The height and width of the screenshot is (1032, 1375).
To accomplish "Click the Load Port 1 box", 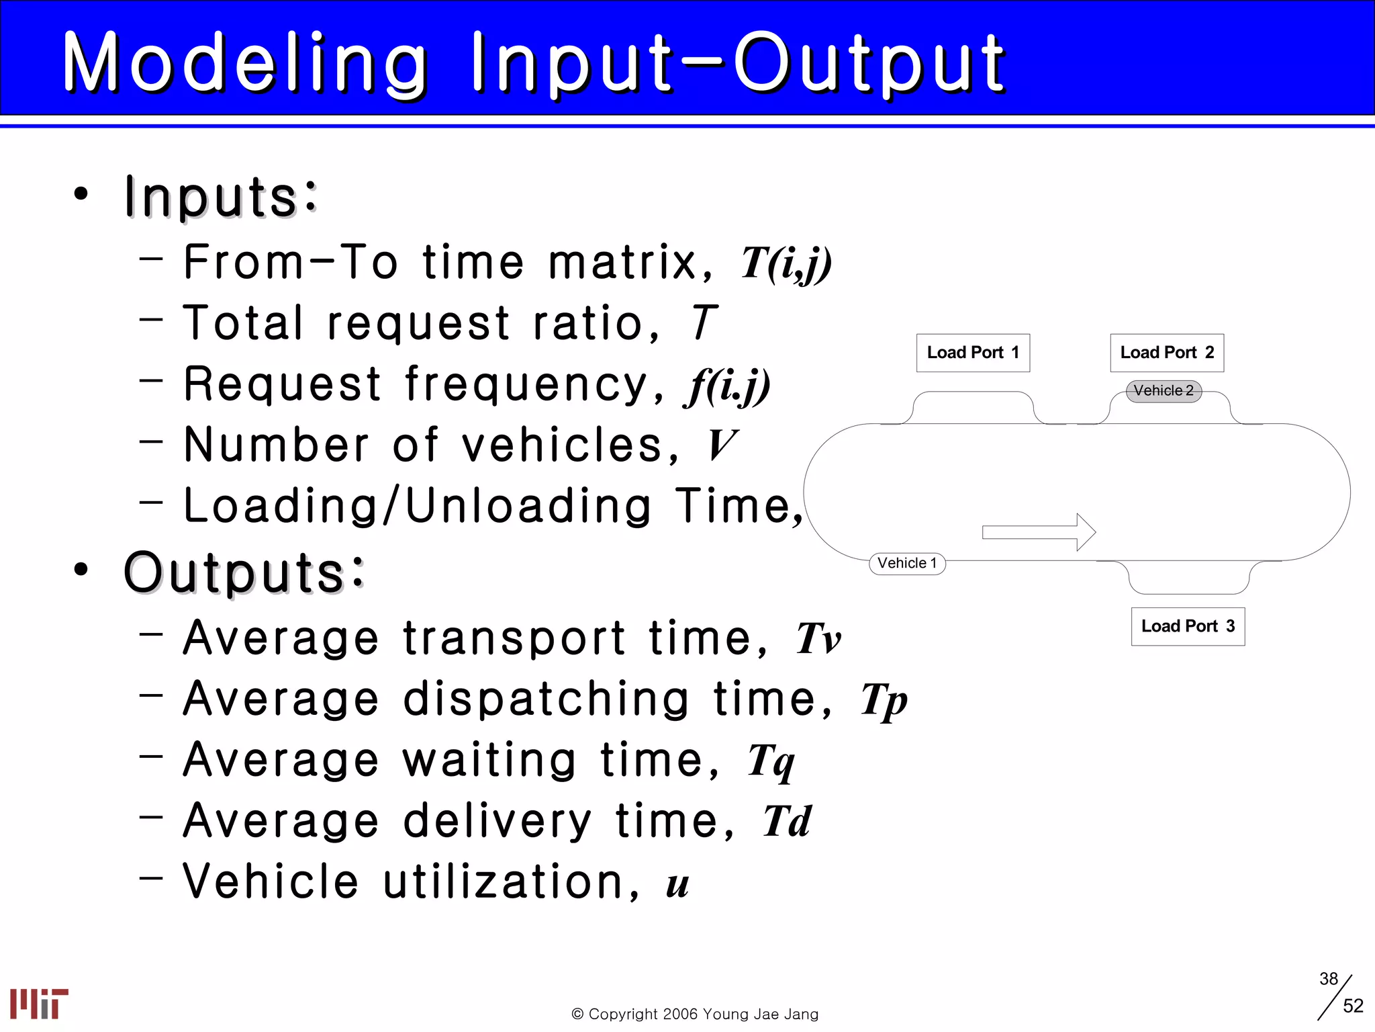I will pyautogui.click(x=973, y=353).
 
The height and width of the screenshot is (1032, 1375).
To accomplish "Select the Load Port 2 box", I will pyautogui.click(x=1167, y=353).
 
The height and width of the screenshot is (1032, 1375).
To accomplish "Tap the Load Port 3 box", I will pyautogui.click(x=1188, y=626).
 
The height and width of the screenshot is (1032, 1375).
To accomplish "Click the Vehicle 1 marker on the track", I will pyautogui.click(x=907, y=563).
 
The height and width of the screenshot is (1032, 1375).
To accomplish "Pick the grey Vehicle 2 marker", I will pyautogui.click(x=1164, y=391).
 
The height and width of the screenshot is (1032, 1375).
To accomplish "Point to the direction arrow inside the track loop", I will pyautogui.click(x=1039, y=532).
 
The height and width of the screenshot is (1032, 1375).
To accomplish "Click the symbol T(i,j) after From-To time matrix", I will pyautogui.click(x=786, y=263).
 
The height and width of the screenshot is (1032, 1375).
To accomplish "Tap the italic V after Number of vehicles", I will pyautogui.click(x=722, y=445).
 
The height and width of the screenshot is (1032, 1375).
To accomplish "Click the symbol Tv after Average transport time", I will pyautogui.click(x=818, y=638).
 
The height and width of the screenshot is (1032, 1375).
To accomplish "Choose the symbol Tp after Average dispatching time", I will pyautogui.click(x=884, y=701).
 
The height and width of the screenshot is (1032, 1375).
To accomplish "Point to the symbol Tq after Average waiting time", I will pyautogui.click(x=771, y=762).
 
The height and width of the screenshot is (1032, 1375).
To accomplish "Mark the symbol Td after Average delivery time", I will pyautogui.click(x=787, y=822).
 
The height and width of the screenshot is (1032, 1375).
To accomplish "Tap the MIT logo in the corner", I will pyautogui.click(x=39, y=1003).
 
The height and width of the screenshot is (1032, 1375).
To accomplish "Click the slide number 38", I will pyautogui.click(x=1328, y=979).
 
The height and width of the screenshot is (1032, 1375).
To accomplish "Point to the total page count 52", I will pyautogui.click(x=1353, y=1006).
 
